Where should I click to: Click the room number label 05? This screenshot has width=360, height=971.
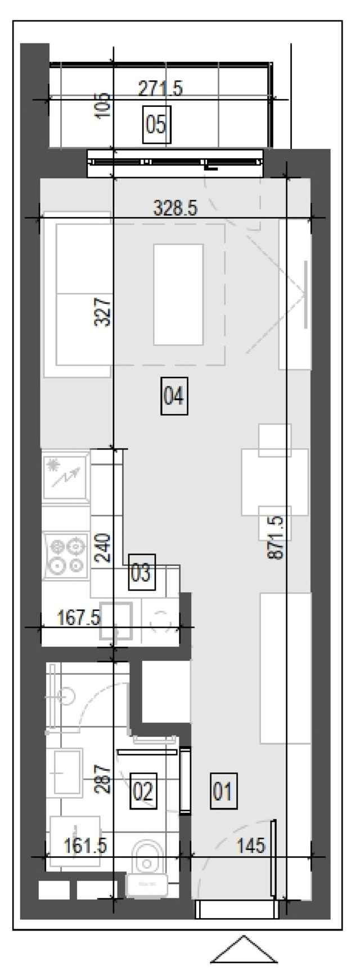pyautogui.click(x=156, y=124)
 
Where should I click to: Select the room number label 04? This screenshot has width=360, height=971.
pyautogui.click(x=174, y=397)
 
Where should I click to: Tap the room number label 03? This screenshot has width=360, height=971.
pyautogui.click(x=141, y=573)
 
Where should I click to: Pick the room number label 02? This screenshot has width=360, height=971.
pyautogui.click(x=143, y=791)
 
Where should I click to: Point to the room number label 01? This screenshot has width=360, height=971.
pyautogui.click(x=223, y=791)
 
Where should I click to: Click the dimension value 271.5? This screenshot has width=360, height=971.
pyautogui.click(x=160, y=88)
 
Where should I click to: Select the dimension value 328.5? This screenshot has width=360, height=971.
pyautogui.click(x=175, y=209)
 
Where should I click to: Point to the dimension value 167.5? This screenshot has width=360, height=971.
pyautogui.click(x=79, y=618)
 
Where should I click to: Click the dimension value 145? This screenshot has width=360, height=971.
pyautogui.click(x=251, y=845)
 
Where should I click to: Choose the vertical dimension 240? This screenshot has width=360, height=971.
pyautogui.click(x=103, y=548)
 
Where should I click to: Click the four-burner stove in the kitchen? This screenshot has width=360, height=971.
pyautogui.click(x=66, y=557)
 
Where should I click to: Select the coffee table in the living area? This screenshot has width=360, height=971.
pyautogui.click(x=178, y=295)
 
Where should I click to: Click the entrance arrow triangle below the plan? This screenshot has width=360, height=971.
pyautogui.click(x=244, y=949)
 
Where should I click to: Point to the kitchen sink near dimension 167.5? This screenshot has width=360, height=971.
pyautogui.click(x=116, y=621)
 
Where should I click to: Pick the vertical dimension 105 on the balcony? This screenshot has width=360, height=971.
pyautogui.click(x=103, y=105)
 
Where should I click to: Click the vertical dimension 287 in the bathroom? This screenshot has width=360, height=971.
pyautogui.click(x=103, y=778)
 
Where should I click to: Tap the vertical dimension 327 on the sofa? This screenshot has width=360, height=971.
pyautogui.click(x=103, y=312)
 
